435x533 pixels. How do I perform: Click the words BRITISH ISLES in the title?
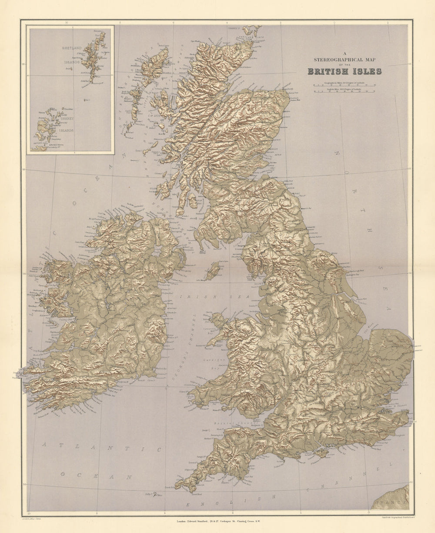[x=345, y=71]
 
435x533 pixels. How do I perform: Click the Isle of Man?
[x=213, y=271]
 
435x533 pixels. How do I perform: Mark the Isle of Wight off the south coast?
[x=321, y=453]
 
